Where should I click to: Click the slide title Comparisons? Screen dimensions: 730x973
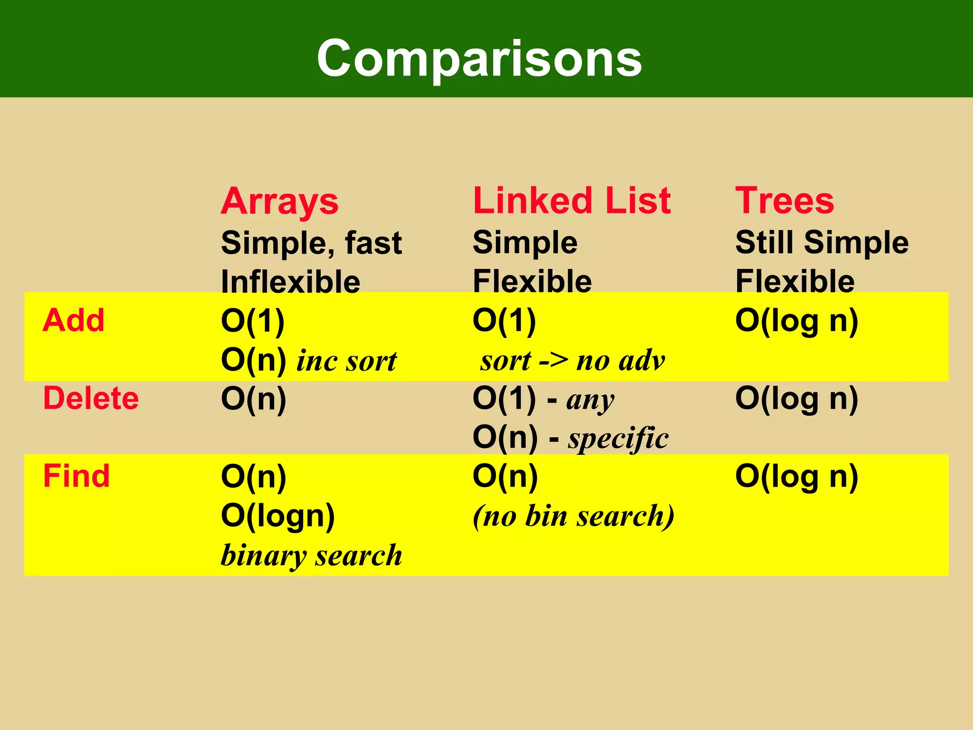479,58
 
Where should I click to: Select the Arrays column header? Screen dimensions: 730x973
279,202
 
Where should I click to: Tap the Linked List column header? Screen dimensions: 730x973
572,201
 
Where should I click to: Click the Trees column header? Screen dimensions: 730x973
784,201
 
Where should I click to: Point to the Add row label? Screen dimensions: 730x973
73,320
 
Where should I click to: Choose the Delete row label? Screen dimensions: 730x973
91,398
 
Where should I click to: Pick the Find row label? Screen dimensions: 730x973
76,476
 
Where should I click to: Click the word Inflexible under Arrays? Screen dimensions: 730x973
290,281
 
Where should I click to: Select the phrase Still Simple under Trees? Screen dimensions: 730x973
821,242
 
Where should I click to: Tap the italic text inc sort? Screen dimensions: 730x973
346,361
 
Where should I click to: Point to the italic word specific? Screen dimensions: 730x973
618,438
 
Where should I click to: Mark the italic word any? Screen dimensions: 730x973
590,400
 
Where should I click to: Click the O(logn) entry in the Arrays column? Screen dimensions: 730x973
278,516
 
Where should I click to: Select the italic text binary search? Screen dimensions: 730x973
311,555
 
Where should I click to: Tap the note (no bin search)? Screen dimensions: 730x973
573,516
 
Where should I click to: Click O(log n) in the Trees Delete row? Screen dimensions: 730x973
796,399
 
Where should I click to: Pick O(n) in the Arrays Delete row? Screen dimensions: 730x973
253,399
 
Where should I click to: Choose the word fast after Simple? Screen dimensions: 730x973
373,242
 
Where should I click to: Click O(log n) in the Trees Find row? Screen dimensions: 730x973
796,477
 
